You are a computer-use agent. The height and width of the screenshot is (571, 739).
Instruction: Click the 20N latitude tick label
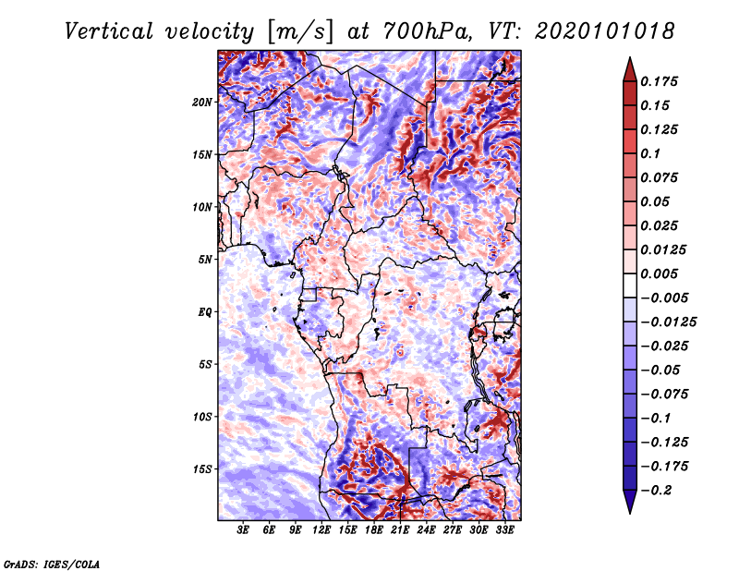[x=201, y=103]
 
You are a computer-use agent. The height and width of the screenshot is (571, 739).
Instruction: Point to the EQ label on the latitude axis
[x=205, y=312]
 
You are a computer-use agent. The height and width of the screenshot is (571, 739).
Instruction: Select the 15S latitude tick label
[x=201, y=469]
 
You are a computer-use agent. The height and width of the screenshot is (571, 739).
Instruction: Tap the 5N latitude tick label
[x=205, y=260]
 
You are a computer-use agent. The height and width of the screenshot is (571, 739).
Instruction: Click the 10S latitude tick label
[x=201, y=417]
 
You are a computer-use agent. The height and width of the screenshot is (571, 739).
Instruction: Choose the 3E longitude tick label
[x=243, y=530]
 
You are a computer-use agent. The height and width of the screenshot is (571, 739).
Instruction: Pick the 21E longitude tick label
[x=400, y=530]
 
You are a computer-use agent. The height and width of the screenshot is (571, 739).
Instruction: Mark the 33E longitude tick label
[x=504, y=530]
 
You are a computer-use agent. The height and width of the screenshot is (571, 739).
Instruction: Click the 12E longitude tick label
[x=321, y=530]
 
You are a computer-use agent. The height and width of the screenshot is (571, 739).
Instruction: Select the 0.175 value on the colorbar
[x=659, y=81]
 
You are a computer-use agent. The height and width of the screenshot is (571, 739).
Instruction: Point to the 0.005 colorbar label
[x=659, y=273]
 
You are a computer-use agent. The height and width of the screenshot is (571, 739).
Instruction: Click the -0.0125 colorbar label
[x=668, y=322]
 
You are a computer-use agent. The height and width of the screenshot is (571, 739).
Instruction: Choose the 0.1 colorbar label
[x=650, y=153]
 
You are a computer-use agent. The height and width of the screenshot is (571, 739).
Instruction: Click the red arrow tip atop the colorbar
[x=630, y=57]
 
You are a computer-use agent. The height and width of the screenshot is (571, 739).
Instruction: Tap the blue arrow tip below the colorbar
[x=630, y=513]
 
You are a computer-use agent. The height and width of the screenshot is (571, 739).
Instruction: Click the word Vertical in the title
[x=109, y=31]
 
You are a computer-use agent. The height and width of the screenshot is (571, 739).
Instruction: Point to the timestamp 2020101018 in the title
[x=604, y=31]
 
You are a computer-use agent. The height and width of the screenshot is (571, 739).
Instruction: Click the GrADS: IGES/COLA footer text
[x=52, y=564]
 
